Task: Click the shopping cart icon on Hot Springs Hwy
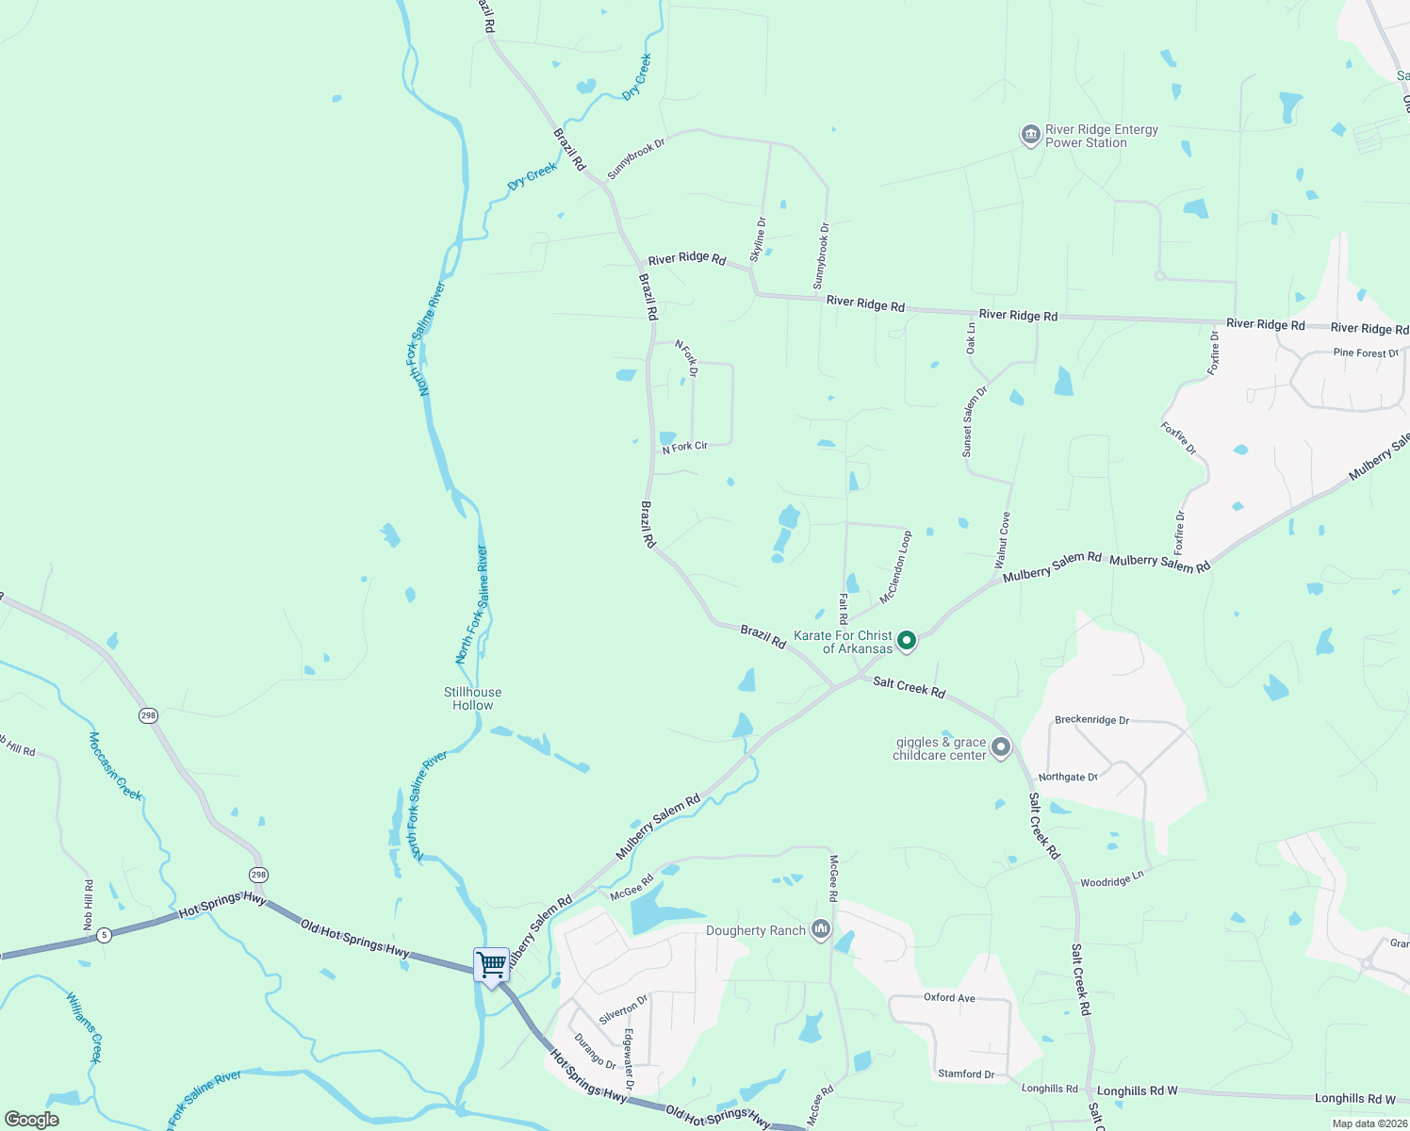(x=491, y=965)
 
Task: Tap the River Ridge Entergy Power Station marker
(x=1029, y=136)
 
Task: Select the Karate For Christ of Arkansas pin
(x=907, y=641)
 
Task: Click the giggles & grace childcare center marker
(x=1001, y=748)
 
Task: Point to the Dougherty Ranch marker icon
(x=821, y=930)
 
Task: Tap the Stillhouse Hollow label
(x=472, y=698)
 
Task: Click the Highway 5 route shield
(x=104, y=935)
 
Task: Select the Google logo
(x=32, y=1120)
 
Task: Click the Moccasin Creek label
(x=115, y=766)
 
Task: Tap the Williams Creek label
(x=84, y=1026)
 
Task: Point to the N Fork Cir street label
(x=684, y=447)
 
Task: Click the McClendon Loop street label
(x=895, y=567)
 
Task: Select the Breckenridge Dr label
(x=1091, y=720)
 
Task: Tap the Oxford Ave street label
(x=949, y=997)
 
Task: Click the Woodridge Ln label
(x=1111, y=879)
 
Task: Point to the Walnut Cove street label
(x=1003, y=540)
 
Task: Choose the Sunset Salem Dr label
(x=974, y=421)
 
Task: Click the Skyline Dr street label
(x=758, y=239)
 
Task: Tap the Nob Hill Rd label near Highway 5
(x=89, y=905)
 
